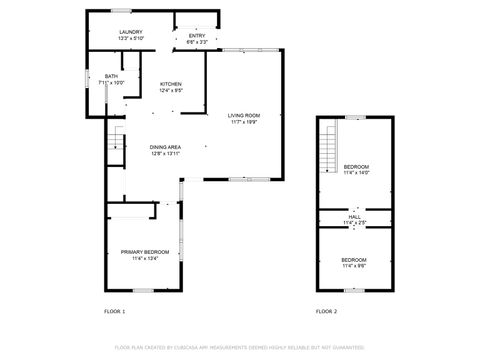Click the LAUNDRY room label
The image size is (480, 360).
(131, 32)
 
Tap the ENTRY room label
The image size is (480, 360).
(197, 36)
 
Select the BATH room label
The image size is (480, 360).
(111, 76)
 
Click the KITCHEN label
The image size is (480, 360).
(170, 84)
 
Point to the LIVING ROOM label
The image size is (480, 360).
(244, 116)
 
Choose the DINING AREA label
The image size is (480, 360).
(165, 147)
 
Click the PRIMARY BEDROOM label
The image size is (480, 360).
(145, 251)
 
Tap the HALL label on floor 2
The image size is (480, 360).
(355, 216)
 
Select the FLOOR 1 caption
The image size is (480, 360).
(115, 312)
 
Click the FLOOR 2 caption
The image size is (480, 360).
(327, 312)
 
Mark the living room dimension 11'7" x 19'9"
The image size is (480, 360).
(244, 123)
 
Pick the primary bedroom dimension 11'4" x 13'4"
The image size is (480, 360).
(145, 258)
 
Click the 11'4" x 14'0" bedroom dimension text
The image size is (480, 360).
(356, 172)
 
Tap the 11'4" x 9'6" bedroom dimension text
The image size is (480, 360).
(355, 266)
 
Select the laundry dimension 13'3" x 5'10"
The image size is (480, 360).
(131, 39)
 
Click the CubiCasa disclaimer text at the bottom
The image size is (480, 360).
(240, 347)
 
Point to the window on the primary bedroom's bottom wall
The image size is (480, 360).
(142, 290)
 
